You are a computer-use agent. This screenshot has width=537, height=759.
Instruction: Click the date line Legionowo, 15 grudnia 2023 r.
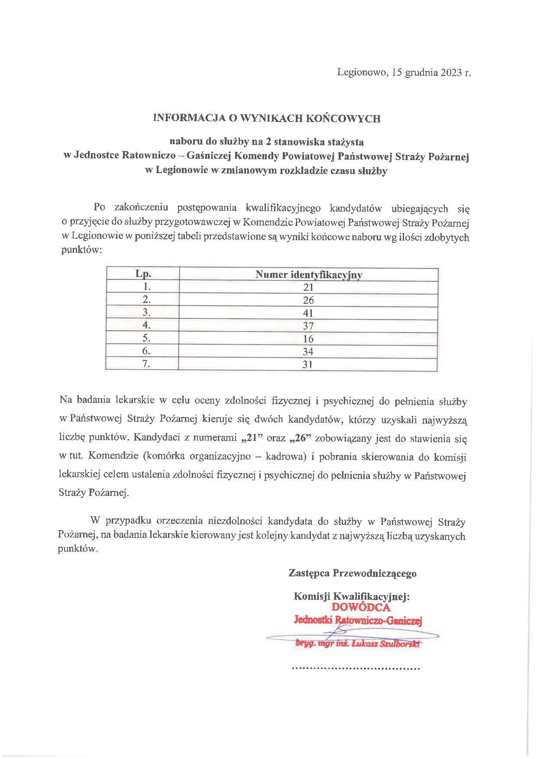[x=404, y=73]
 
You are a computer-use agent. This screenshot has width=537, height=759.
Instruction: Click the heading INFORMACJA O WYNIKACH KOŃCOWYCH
[x=267, y=118]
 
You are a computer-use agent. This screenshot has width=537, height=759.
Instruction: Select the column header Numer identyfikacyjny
[x=308, y=274]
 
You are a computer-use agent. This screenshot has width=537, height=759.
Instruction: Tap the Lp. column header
[x=143, y=274]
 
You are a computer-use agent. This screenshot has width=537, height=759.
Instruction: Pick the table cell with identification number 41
[x=308, y=313]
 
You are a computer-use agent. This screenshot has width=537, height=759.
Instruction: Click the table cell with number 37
[x=308, y=326]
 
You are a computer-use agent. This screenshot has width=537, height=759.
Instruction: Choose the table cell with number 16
[x=308, y=339]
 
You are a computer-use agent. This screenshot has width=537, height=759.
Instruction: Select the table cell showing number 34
[x=308, y=351]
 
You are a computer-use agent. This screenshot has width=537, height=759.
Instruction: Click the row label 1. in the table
[x=146, y=286]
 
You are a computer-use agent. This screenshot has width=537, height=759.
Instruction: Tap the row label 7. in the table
[x=146, y=364]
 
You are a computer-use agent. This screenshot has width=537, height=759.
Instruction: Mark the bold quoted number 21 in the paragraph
[x=249, y=438]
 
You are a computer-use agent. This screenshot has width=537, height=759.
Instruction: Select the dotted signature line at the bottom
[x=356, y=669]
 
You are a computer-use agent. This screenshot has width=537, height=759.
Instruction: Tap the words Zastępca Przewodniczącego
[x=353, y=573]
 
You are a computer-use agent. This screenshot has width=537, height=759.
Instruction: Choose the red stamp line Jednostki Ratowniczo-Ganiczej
[x=358, y=620]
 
